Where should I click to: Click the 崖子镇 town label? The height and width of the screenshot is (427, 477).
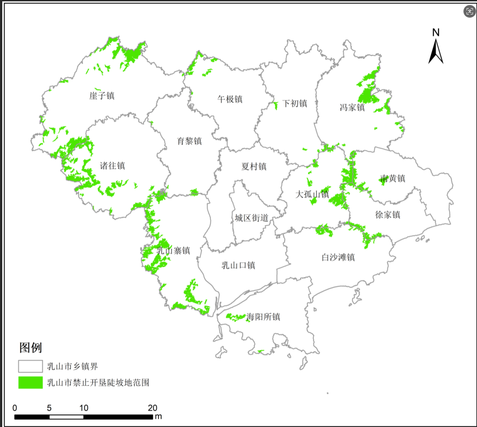102,96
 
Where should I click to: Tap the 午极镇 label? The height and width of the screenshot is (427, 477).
230,99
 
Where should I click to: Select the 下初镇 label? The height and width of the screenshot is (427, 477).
295,103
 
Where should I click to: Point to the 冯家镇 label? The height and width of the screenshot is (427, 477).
352,107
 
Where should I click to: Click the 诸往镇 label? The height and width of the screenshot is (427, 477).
112,166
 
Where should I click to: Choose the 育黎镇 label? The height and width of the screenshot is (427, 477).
189,141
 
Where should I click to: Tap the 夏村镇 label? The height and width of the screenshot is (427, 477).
254,166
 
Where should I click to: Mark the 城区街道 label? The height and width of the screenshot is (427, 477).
251,218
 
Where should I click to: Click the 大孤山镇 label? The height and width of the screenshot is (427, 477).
312,194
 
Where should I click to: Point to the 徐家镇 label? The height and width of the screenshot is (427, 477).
388,214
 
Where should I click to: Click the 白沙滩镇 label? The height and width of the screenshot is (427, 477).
338,257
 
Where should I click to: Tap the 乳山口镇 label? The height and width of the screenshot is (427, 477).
238,265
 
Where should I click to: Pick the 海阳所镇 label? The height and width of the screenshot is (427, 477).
263,317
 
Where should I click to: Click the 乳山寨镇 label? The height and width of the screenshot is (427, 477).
173,250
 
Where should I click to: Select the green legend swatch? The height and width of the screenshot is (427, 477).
30,383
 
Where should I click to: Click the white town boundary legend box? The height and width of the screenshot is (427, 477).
30,366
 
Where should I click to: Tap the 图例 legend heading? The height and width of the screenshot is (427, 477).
30,348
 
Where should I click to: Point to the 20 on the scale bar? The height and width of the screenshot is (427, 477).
153,407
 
